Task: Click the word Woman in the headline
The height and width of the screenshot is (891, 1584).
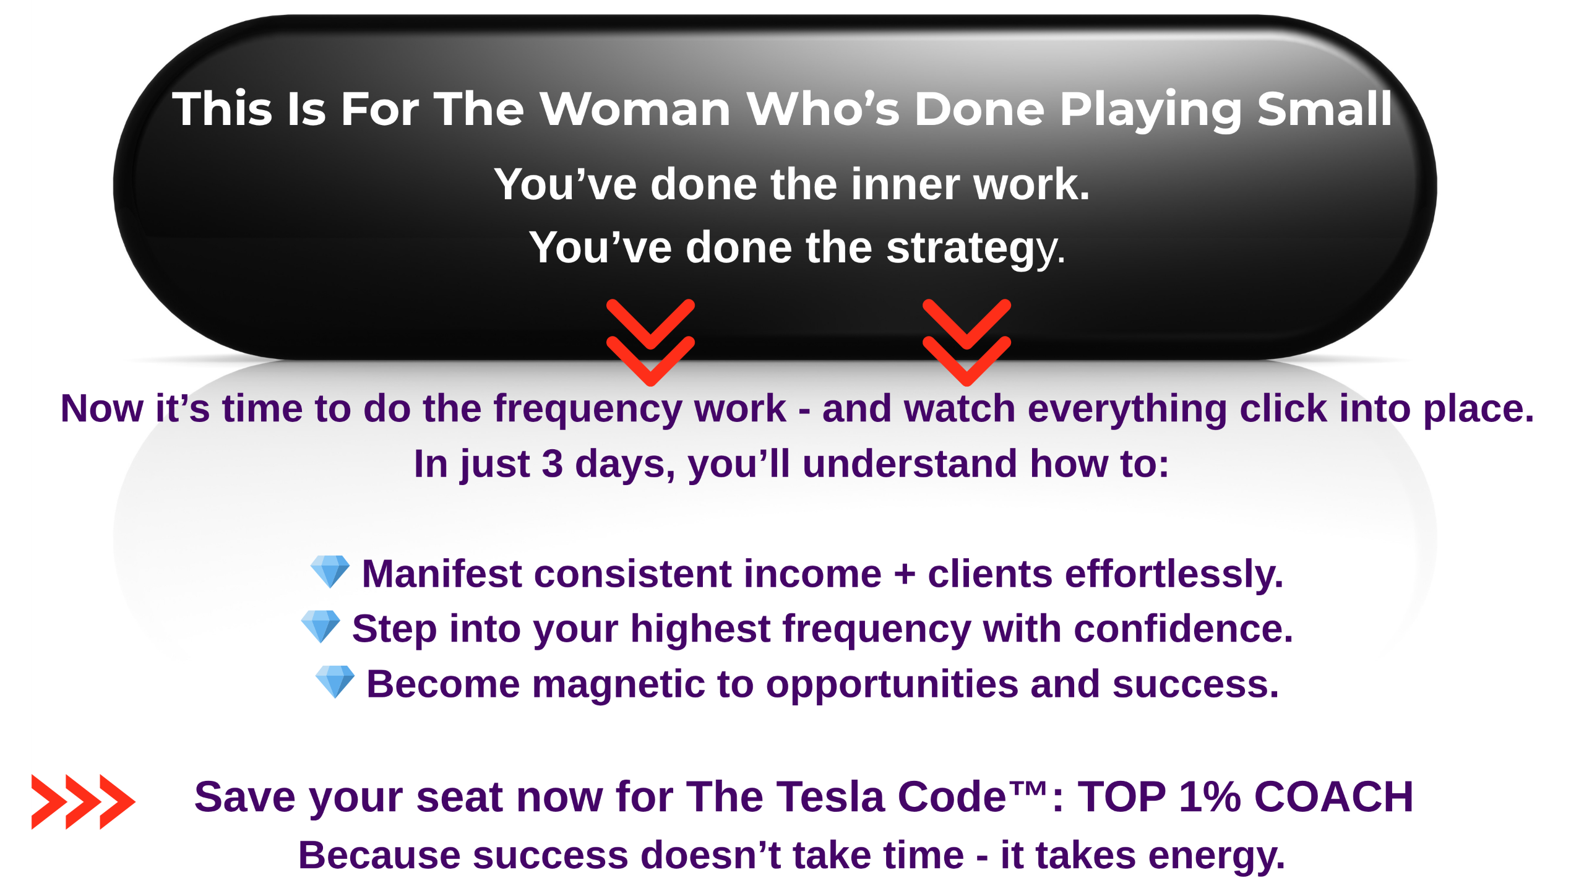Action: [635, 109]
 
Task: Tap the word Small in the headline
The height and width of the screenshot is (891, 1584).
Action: [1325, 109]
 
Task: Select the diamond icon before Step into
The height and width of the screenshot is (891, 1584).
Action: [321, 626]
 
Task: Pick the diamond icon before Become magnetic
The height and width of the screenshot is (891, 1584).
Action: [335, 681]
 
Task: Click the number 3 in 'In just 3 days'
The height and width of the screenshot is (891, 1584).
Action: [552, 464]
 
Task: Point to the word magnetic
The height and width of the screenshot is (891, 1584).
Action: [618, 684]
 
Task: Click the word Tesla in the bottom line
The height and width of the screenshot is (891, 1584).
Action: [830, 797]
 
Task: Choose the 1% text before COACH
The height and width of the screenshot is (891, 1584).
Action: [1210, 797]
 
